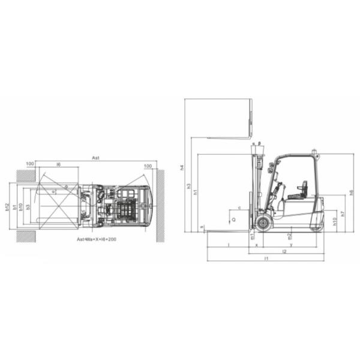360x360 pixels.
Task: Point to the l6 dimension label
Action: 58,164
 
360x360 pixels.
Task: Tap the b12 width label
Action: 7,206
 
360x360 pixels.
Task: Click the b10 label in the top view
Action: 21,206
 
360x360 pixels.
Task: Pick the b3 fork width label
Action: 28,206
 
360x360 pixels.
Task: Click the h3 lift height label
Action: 189,185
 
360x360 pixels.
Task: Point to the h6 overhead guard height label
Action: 351,192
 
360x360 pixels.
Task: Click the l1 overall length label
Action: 265,258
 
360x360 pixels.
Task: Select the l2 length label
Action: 284,251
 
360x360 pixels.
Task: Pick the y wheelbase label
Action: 290,245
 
